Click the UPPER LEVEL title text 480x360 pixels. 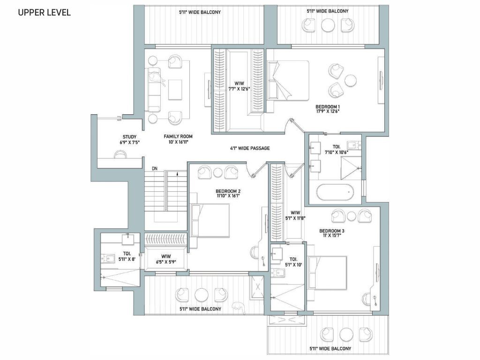pos(45,13)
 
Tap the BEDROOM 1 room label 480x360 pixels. pos(328,107)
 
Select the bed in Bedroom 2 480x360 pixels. pos(210,220)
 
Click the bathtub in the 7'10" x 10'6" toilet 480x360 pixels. pos(335,192)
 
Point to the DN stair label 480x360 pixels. pos(155,169)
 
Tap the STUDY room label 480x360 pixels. pos(129,137)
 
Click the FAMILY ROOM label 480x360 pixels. pos(178,136)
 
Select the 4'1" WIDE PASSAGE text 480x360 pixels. pos(250,148)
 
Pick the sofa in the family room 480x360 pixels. pos(154,90)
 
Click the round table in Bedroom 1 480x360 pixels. pos(351,81)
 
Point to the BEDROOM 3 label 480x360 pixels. pos(332,231)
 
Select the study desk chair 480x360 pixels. pos(120,154)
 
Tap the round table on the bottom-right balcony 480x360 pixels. pos(346,334)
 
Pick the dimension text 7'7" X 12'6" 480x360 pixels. pos(240,89)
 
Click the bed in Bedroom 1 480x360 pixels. pos(288,81)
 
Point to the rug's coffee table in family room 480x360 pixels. pos(175,90)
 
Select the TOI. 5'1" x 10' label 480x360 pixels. pos(293,262)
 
